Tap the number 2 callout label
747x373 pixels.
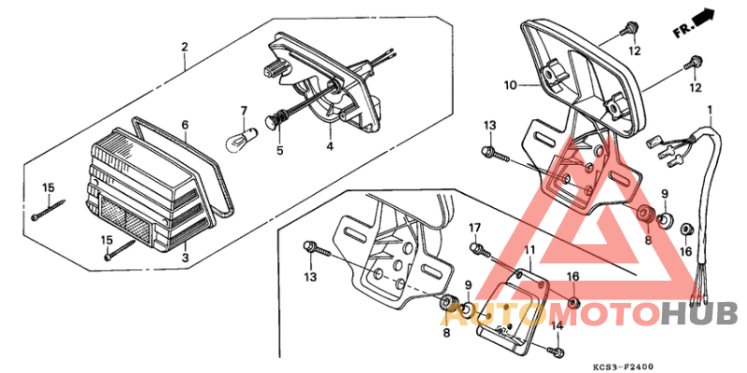click(x=184, y=47)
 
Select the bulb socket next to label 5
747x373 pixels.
click(x=276, y=119)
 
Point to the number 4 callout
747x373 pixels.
click(x=329, y=147)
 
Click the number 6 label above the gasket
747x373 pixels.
click(x=185, y=125)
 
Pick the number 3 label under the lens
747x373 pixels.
click(x=185, y=256)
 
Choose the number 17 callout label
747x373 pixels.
click(x=474, y=228)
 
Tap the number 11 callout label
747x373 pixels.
click(x=529, y=251)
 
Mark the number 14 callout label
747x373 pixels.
click(x=557, y=325)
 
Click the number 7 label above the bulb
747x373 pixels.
click(x=244, y=111)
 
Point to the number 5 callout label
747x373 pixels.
click(x=279, y=149)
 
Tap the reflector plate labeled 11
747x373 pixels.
click(x=511, y=308)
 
